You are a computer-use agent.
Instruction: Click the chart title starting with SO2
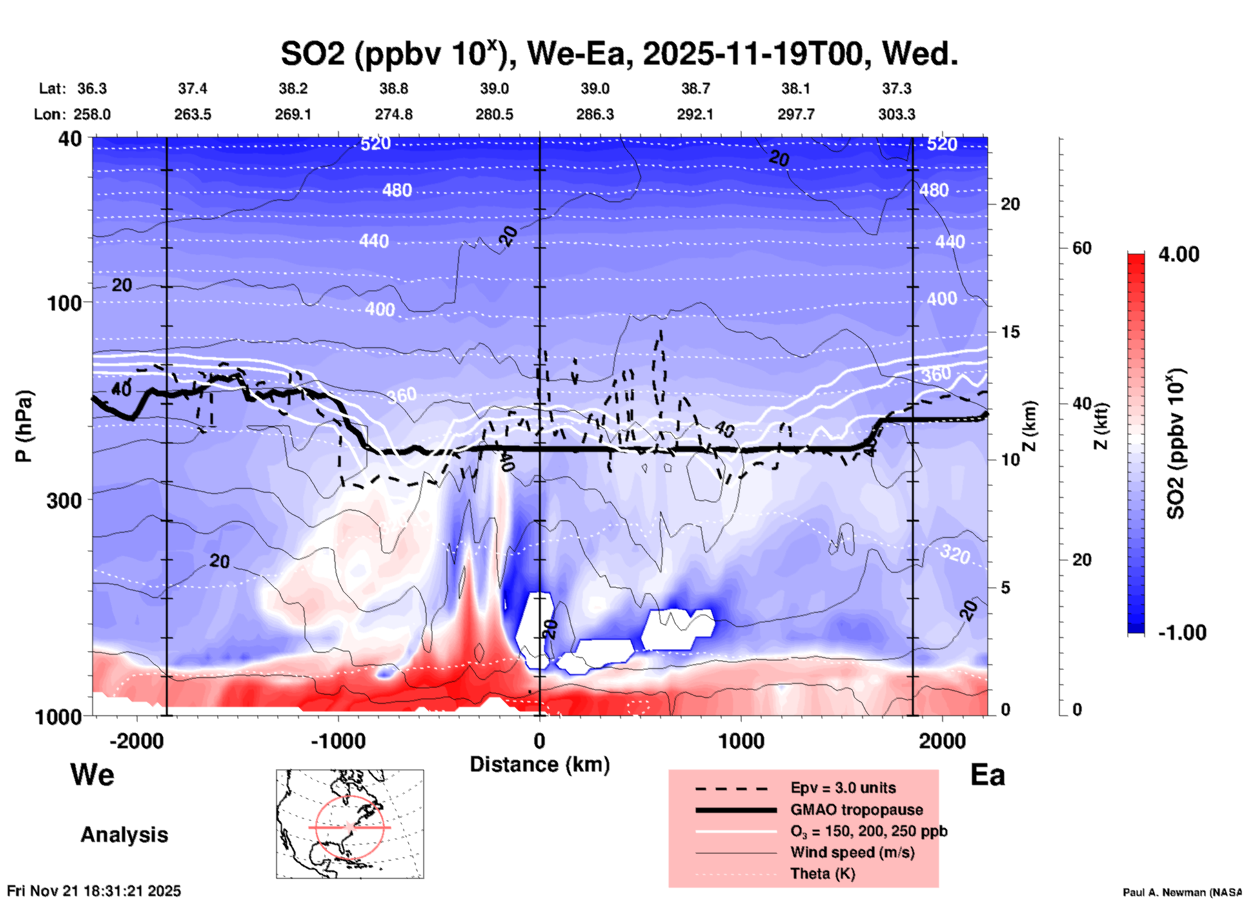(x=619, y=54)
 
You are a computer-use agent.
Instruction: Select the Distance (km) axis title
(x=540, y=764)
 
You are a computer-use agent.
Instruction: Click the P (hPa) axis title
(x=24, y=426)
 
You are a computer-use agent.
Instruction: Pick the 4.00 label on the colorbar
(x=1178, y=254)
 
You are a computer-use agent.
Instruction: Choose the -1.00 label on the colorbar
(x=1182, y=632)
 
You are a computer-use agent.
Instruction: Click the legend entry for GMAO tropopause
(x=856, y=810)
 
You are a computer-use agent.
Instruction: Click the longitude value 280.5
(x=494, y=114)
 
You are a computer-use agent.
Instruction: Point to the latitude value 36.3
(x=92, y=88)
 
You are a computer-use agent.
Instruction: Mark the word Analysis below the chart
(x=124, y=834)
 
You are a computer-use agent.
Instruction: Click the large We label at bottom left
(x=92, y=774)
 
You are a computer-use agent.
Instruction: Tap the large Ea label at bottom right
(x=987, y=775)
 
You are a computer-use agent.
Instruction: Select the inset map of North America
(x=350, y=824)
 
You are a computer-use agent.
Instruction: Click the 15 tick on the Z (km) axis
(x=1009, y=332)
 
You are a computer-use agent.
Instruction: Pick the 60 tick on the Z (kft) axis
(x=1082, y=248)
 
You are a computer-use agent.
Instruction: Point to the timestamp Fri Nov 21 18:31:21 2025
(x=94, y=891)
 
